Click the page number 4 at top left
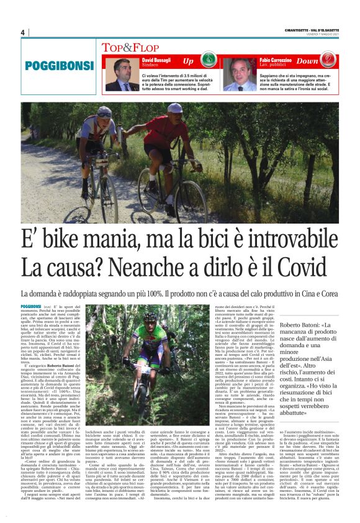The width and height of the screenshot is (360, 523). pyautogui.click(x=23, y=32)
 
